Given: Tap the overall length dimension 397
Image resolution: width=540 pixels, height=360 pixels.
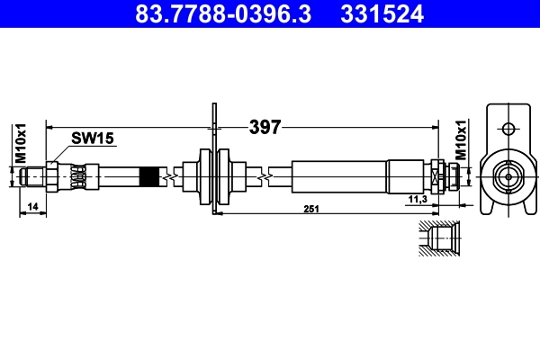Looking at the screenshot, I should [x=265, y=127].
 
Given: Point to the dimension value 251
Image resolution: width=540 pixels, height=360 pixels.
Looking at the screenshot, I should [x=311, y=209].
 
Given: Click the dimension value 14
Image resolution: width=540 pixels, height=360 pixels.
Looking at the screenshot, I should [x=32, y=208].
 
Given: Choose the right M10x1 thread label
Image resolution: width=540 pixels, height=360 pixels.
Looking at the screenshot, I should [x=460, y=141].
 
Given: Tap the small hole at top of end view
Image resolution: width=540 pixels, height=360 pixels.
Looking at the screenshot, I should [x=508, y=127].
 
